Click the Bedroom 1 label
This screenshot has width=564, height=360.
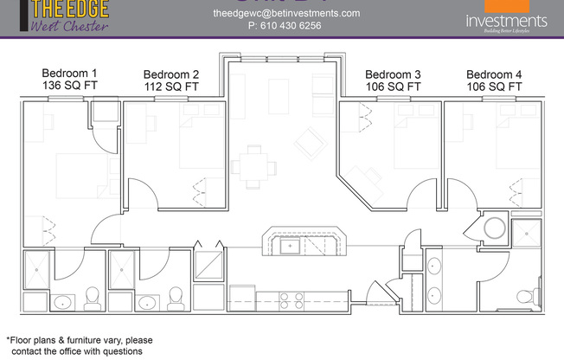[x=69, y=74]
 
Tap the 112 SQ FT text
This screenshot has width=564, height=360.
[x=171, y=87]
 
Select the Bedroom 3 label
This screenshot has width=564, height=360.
[x=393, y=74]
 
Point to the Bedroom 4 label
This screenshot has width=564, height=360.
[x=494, y=74]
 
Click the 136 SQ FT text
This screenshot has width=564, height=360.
[x=69, y=87]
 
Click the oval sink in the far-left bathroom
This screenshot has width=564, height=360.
[x=63, y=302]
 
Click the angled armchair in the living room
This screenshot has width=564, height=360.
[x=308, y=138]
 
